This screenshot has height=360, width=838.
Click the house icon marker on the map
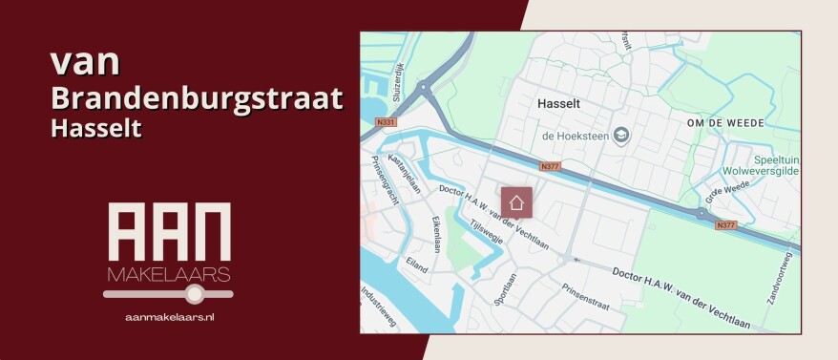[516, 202]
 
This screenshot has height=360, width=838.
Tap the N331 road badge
[385, 121]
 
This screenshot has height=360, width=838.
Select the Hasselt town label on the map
[559, 102]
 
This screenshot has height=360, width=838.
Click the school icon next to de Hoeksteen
[621, 135]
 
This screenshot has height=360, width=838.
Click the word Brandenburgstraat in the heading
[197, 97]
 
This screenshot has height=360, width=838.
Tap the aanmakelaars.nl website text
[168, 315]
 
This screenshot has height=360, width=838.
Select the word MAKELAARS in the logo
[168, 275]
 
